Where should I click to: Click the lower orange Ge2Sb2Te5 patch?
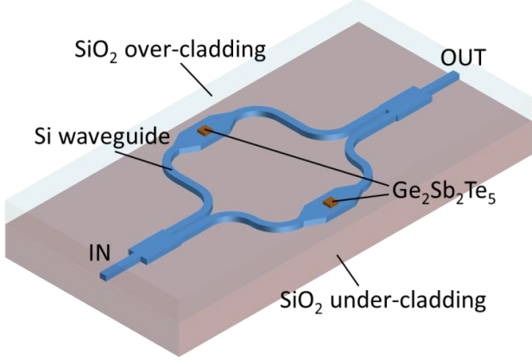point(330,204)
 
